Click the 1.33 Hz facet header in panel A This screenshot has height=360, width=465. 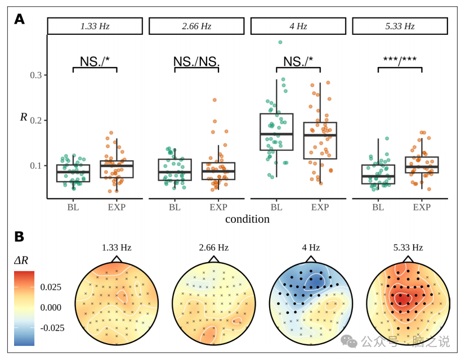coord(95,26)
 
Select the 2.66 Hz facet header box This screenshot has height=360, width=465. coord(196,26)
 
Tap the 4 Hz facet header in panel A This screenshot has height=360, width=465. coord(298,26)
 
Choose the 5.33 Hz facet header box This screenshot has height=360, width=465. coord(400,26)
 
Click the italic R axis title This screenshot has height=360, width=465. coord(24,117)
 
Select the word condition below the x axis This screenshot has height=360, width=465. coord(247,219)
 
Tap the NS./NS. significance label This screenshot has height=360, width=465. coord(196,61)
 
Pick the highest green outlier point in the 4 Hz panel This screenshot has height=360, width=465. coord(280,42)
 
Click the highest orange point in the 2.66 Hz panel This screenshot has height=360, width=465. coord(214,100)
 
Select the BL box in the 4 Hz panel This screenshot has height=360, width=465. coord(276,132)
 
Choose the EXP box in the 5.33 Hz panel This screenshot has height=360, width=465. coord(422,165)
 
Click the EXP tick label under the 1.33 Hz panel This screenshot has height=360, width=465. coord(117,207)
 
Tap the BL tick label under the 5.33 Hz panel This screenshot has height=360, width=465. coord(378,207)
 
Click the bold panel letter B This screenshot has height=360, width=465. coord(20,237)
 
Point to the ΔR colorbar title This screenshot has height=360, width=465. coord(22,260)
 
